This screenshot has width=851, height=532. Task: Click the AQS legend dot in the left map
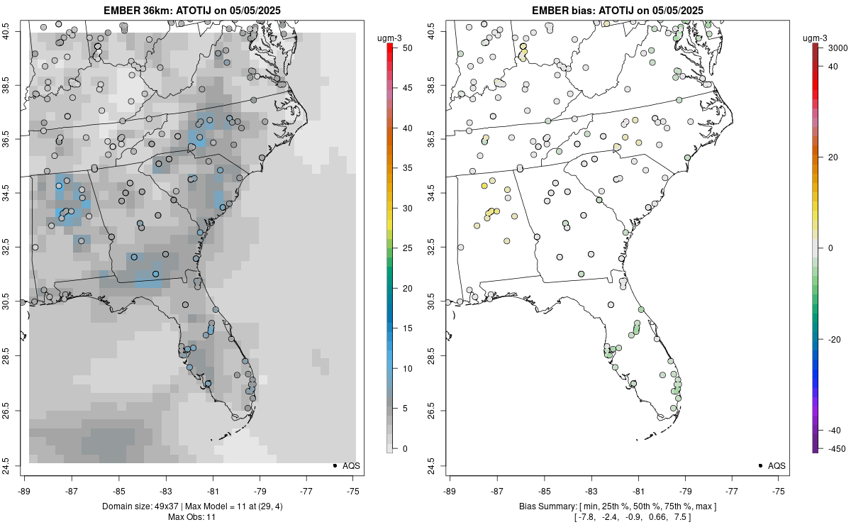click(334, 465)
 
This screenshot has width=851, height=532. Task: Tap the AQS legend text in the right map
click(777, 465)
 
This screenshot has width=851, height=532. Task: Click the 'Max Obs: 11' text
click(192, 517)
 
